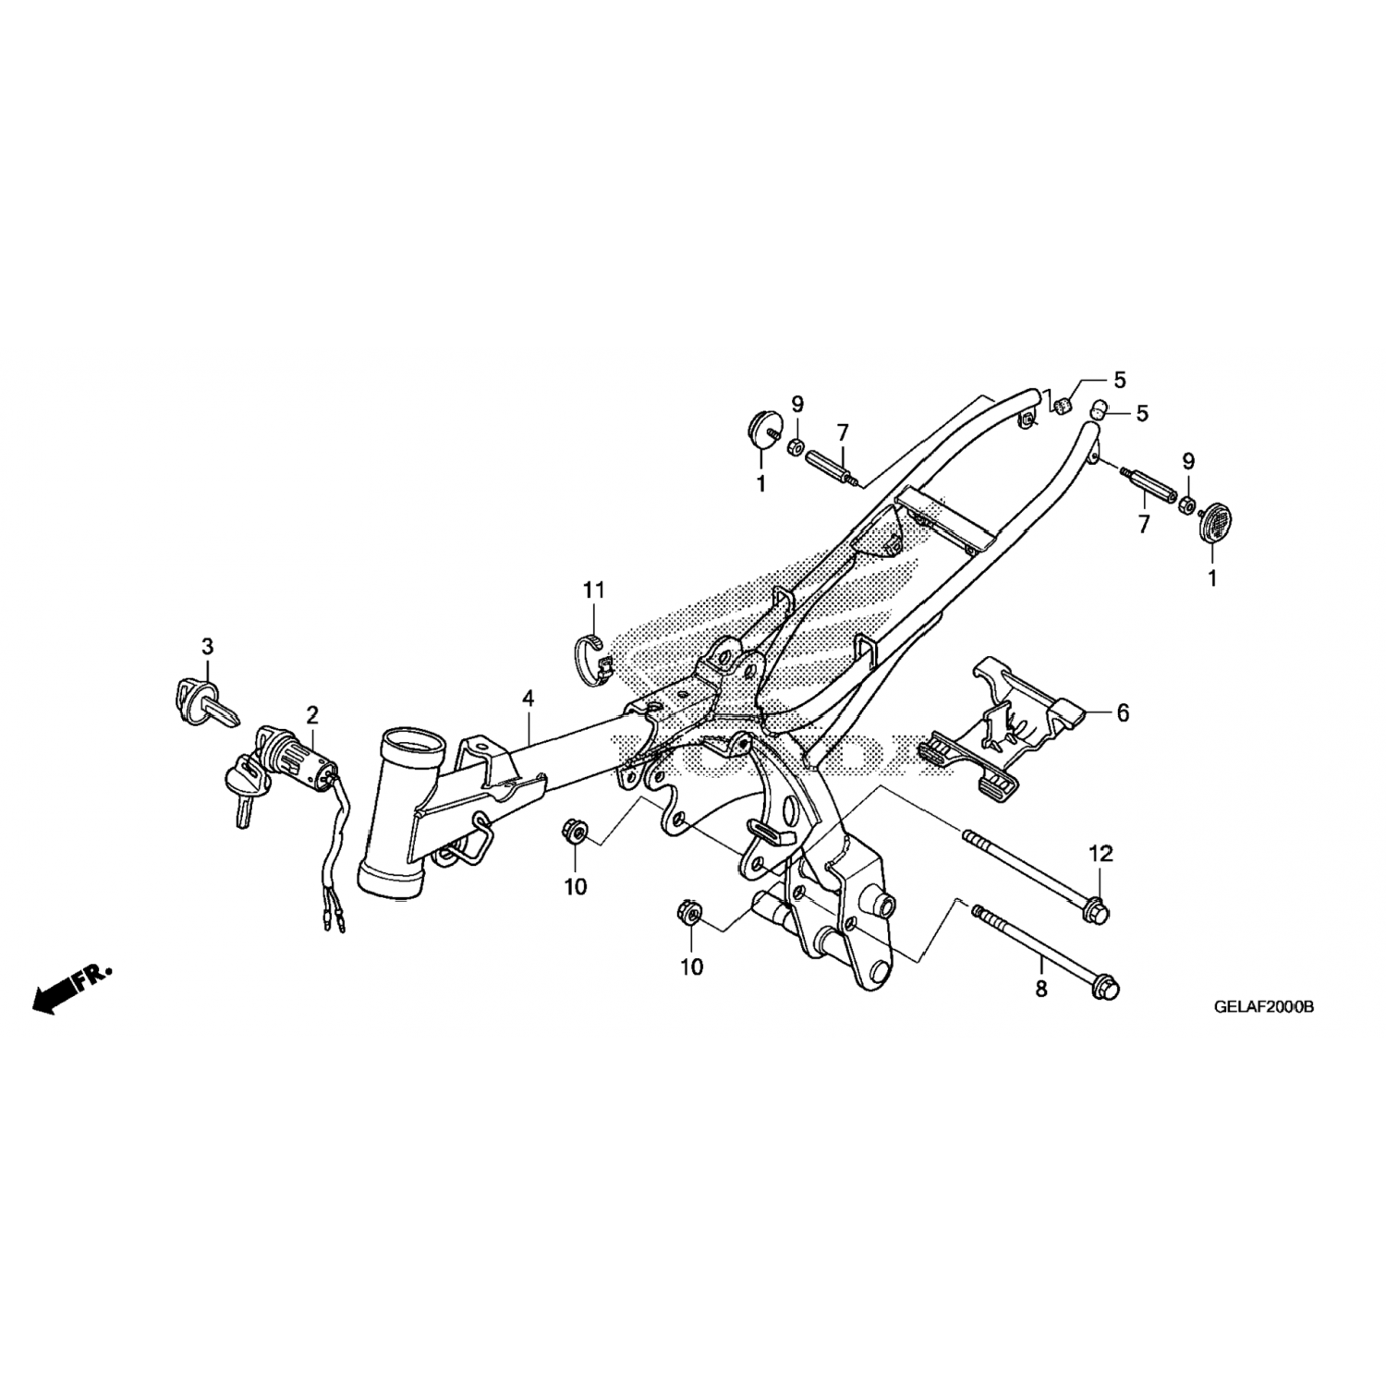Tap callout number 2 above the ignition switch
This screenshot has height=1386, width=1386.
[x=312, y=713]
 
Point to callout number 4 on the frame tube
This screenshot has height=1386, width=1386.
[x=528, y=699]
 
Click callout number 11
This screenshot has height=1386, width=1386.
[x=592, y=590]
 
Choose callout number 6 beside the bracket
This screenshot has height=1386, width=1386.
[x=1123, y=712]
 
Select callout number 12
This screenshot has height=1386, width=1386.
[x=1100, y=854]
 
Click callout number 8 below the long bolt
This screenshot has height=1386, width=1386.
[x=1041, y=989]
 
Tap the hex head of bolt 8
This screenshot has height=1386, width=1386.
[x=1106, y=987]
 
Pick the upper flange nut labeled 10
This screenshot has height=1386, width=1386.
[x=574, y=832]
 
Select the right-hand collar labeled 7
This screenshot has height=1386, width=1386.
[x=1149, y=488]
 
